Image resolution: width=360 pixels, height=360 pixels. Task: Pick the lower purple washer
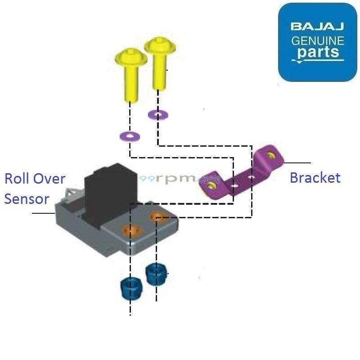[129, 135]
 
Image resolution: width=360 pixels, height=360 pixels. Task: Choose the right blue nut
[156, 274]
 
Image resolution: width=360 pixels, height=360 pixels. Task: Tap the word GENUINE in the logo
[318, 41]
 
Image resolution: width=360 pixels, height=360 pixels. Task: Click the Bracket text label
[315, 177]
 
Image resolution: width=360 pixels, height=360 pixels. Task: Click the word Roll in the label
[18, 178]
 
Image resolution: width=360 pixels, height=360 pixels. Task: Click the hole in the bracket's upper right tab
[271, 156]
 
